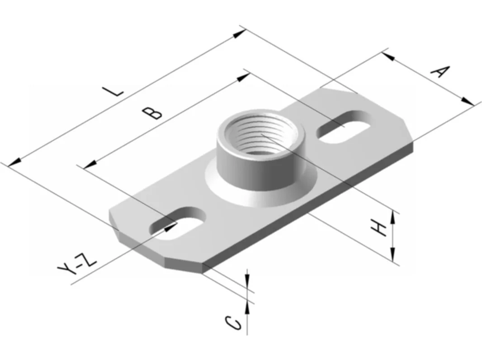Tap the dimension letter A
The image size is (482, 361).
point(439,71)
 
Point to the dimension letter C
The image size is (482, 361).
point(234,323)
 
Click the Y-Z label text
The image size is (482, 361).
point(77,264)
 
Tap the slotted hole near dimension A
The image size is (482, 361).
point(343,126)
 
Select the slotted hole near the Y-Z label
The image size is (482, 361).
point(177,223)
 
